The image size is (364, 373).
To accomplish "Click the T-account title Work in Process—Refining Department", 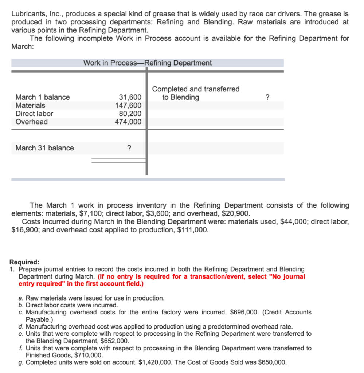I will coord(147,63).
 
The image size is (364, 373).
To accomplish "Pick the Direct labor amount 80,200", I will coord(130,114).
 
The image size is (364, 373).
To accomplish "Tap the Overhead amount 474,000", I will coord(128,122).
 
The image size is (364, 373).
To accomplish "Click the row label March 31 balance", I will coord(44,148).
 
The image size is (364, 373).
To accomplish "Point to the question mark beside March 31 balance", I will coord(128,148).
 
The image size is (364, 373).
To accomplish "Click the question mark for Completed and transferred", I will coord(267,97).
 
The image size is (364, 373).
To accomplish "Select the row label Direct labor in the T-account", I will coord(34,114).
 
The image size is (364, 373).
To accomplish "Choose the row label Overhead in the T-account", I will coord(31,122).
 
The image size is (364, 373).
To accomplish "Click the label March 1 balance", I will coord(42,97).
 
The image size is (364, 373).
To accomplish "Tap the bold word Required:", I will coord(24,262).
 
